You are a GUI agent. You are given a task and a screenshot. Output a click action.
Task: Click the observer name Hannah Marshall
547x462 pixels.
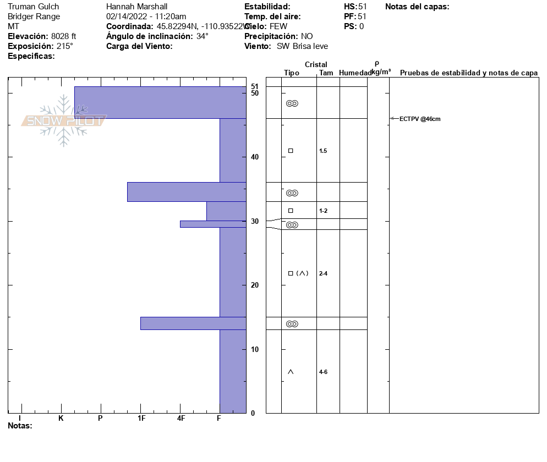pos(136,7)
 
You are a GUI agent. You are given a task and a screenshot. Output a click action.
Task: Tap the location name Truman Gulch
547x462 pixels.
pos(33,7)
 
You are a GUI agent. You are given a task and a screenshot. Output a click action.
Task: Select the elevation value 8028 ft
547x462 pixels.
pos(63,36)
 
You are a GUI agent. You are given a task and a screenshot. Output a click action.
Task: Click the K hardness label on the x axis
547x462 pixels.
pos(61,419)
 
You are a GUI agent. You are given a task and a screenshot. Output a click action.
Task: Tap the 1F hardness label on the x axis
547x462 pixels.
pos(141,419)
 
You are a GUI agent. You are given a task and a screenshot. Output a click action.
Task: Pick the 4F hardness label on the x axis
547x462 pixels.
pos(181,419)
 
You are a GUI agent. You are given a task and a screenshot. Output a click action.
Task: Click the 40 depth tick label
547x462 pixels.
pos(255,157)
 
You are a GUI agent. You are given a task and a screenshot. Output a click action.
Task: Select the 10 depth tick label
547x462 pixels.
pos(255,349)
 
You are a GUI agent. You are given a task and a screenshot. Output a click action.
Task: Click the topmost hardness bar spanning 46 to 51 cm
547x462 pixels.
pos(160,102)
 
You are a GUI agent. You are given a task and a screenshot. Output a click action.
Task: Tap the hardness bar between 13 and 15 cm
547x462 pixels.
pos(193,323)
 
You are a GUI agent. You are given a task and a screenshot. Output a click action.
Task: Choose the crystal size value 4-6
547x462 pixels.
pos(323,372)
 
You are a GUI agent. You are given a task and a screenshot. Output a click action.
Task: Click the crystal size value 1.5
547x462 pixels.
pos(323,151)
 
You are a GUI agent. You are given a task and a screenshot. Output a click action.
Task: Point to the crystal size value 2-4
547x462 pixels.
pos(323,273)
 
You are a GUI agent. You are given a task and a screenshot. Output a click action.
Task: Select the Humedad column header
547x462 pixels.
pos(355,73)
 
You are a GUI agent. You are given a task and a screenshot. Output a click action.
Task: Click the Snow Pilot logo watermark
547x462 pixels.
pos(64,120)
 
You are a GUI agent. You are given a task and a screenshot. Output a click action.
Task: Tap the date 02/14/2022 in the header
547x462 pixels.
pos(126,16)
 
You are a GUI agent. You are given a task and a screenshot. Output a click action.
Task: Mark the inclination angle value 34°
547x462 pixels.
pos(202,36)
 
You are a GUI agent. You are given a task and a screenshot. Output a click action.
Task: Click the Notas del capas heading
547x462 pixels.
pos(417,7)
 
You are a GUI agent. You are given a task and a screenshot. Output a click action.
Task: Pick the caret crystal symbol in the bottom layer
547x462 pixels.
pos(291,372)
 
